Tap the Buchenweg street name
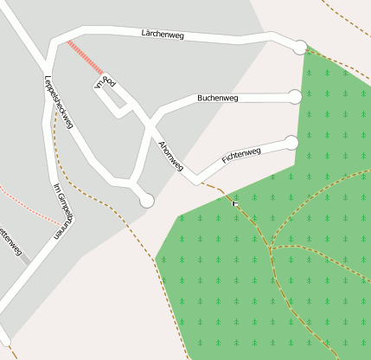pyautogui.click(x=218, y=99)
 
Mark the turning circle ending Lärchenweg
pyautogui.click(x=300, y=47)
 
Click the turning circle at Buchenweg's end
pyautogui.click(x=295, y=97)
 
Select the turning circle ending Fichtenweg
pyautogui.click(x=291, y=142)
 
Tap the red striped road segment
pyautogui.click(x=86, y=57)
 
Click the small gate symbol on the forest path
pyautogui.click(x=235, y=202)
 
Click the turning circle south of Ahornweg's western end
pyautogui.click(x=147, y=201)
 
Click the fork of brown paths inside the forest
pyautogui.click(x=270, y=249)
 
